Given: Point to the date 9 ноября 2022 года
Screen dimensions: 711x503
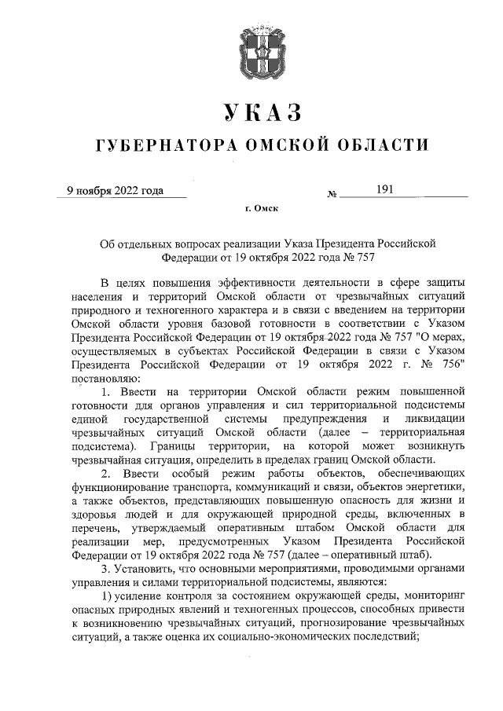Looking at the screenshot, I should point(115,189).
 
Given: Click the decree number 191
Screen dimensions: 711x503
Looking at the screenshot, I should point(384,189).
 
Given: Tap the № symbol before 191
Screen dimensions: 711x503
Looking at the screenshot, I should point(332,192).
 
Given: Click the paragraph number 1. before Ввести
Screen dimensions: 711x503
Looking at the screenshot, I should point(109,391).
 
